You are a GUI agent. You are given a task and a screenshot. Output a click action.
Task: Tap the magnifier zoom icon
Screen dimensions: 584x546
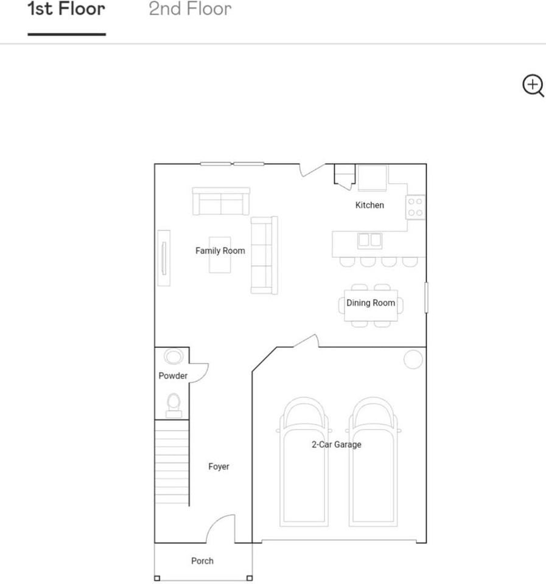[533, 86]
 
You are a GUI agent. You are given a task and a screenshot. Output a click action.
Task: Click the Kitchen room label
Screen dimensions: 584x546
[369, 205]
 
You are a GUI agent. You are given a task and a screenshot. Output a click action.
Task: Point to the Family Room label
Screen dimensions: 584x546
[220, 251]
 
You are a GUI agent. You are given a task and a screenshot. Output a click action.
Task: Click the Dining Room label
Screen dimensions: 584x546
[371, 303]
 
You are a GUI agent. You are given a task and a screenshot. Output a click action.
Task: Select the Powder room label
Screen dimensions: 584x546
[173, 376]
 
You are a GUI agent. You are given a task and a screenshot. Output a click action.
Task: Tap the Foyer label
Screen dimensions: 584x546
[219, 467]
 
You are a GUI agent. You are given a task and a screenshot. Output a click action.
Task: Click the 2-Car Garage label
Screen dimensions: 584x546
[337, 445]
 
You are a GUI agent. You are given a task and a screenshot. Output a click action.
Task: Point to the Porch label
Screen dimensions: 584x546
[202, 561]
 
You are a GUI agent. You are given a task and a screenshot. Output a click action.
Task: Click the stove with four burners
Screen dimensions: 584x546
[416, 207]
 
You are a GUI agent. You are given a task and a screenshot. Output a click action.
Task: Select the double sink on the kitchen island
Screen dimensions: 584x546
[369, 240]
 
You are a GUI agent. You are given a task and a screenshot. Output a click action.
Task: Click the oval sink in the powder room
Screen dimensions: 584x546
[173, 356]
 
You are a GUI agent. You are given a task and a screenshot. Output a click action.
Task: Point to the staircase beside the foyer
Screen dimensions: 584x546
[172, 462]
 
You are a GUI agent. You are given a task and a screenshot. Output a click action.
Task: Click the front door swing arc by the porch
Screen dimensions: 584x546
[220, 528]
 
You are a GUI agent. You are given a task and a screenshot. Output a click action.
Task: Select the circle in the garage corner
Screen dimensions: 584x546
[413, 360]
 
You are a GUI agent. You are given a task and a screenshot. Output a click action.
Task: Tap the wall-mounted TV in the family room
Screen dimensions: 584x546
[164, 257]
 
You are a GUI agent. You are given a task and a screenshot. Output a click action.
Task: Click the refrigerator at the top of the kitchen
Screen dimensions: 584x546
[372, 178]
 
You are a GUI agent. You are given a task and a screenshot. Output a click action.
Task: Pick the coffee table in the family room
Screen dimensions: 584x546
[220, 255]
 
